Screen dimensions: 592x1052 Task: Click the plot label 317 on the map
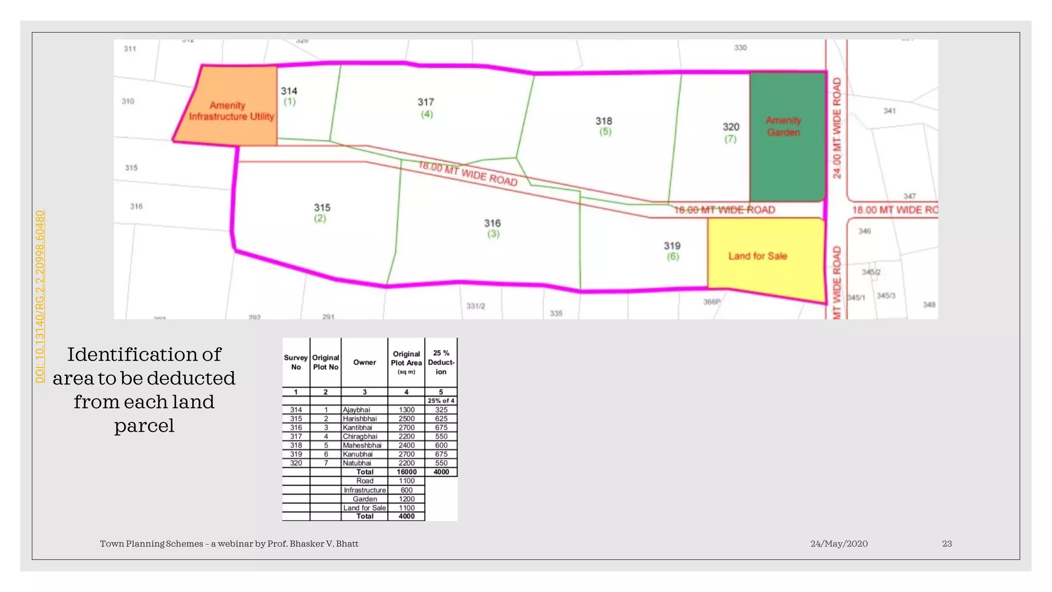tap(426, 102)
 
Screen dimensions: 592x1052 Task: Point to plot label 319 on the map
tap(672, 246)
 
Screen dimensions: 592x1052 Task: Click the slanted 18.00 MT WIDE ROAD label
tap(467, 173)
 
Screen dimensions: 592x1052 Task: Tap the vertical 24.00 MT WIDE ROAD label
tap(837, 128)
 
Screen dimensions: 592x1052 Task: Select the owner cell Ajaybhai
tap(356, 410)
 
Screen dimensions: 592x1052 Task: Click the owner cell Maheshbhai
tap(362, 445)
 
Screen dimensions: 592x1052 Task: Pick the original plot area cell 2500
tap(406, 418)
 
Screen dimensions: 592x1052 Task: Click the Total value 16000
tap(406, 472)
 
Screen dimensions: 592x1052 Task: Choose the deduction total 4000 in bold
tap(441, 472)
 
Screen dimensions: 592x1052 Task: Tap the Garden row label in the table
tap(365, 498)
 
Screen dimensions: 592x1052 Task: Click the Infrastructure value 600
tap(406, 490)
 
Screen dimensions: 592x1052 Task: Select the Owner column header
tap(365, 362)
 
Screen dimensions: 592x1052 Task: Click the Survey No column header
tap(296, 362)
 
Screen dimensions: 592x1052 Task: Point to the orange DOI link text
tap(40, 297)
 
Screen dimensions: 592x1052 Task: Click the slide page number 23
tap(947, 544)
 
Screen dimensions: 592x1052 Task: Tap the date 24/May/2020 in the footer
tap(839, 544)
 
